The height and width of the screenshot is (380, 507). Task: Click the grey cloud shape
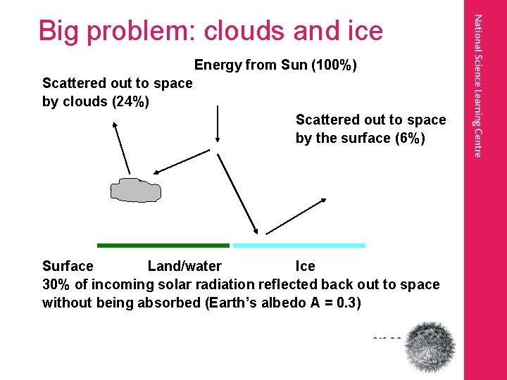[x=135, y=190]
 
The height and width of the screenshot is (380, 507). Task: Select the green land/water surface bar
[x=163, y=246]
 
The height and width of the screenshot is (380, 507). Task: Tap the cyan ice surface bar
[x=299, y=246]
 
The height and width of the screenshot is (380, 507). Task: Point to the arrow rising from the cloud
[x=123, y=146]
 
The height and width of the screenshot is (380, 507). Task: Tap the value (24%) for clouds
[x=130, y=101]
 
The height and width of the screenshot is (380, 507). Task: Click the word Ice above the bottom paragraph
[x=305, y=266]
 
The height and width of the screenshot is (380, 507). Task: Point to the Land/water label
[x=184, y=266]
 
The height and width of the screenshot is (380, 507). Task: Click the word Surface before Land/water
[x=68, y=266]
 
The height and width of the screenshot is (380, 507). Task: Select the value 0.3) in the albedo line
[x=348, y=303]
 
